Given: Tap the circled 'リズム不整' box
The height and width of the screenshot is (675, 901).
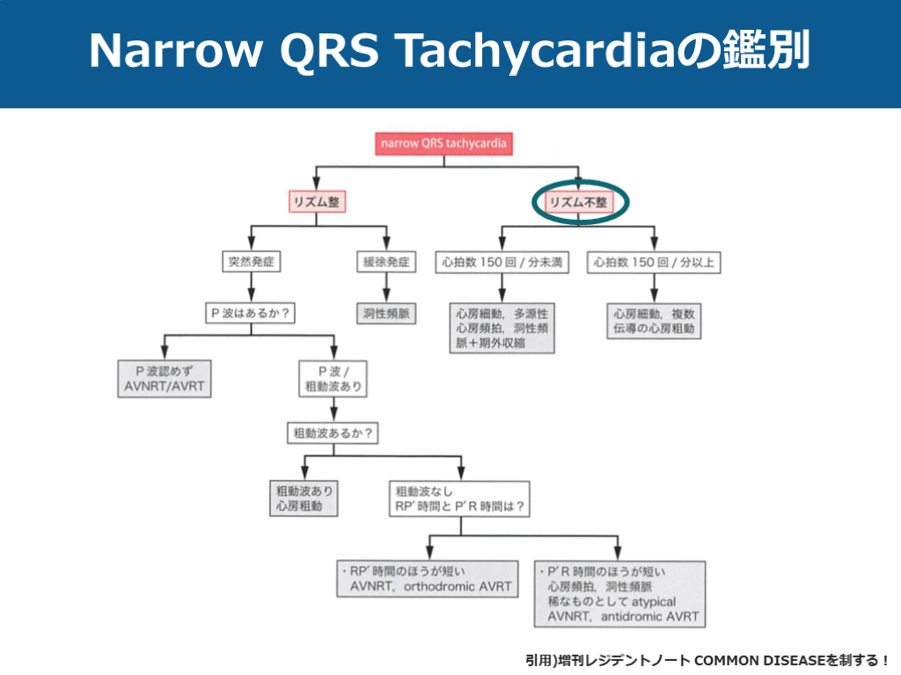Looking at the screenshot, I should [x=579, y=201].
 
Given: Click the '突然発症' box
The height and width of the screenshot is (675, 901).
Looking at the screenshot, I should [x=251, y=262].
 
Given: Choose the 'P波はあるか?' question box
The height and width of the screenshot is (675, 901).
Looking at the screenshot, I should [x=251, y=312].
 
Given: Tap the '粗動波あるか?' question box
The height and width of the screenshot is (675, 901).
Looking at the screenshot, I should [x=332, y=433].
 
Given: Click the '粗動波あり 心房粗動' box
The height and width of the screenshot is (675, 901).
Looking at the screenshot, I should [x=304, y=497].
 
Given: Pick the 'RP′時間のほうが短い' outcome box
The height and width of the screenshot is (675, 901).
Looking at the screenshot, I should [x=429, y=580].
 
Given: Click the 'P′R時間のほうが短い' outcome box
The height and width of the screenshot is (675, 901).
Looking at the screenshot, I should [x=619, y=593].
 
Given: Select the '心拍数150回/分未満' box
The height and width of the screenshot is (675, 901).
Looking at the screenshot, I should [x=502, y=262].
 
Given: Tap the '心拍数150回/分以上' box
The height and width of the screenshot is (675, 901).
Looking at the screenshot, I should [x=654, y=262].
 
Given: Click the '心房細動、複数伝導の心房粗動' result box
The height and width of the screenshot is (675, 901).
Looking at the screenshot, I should [x=654, y=321].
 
